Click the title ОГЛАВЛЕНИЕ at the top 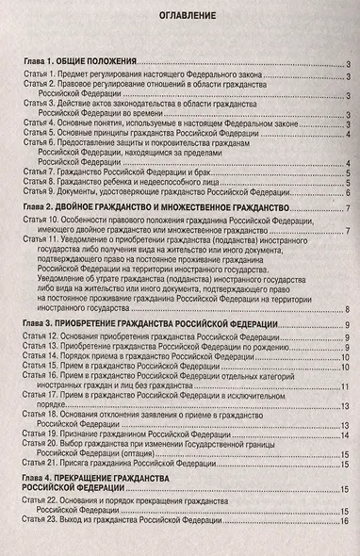pos(180,18)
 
